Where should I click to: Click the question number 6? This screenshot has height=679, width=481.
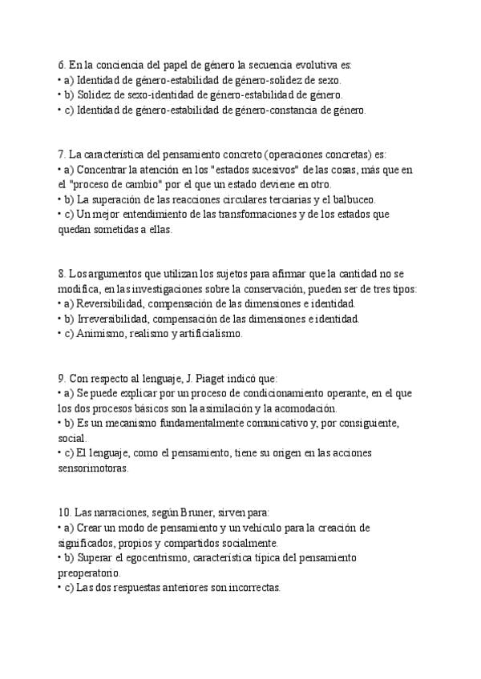click(62, 66)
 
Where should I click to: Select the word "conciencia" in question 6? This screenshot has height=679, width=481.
click(123, 66)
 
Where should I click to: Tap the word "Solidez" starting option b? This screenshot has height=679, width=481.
click(95, 95)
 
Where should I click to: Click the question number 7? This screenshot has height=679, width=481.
click(62, 155)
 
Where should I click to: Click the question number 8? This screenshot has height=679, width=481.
click(62, 274)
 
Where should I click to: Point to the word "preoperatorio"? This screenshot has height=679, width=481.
click(89, 573)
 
